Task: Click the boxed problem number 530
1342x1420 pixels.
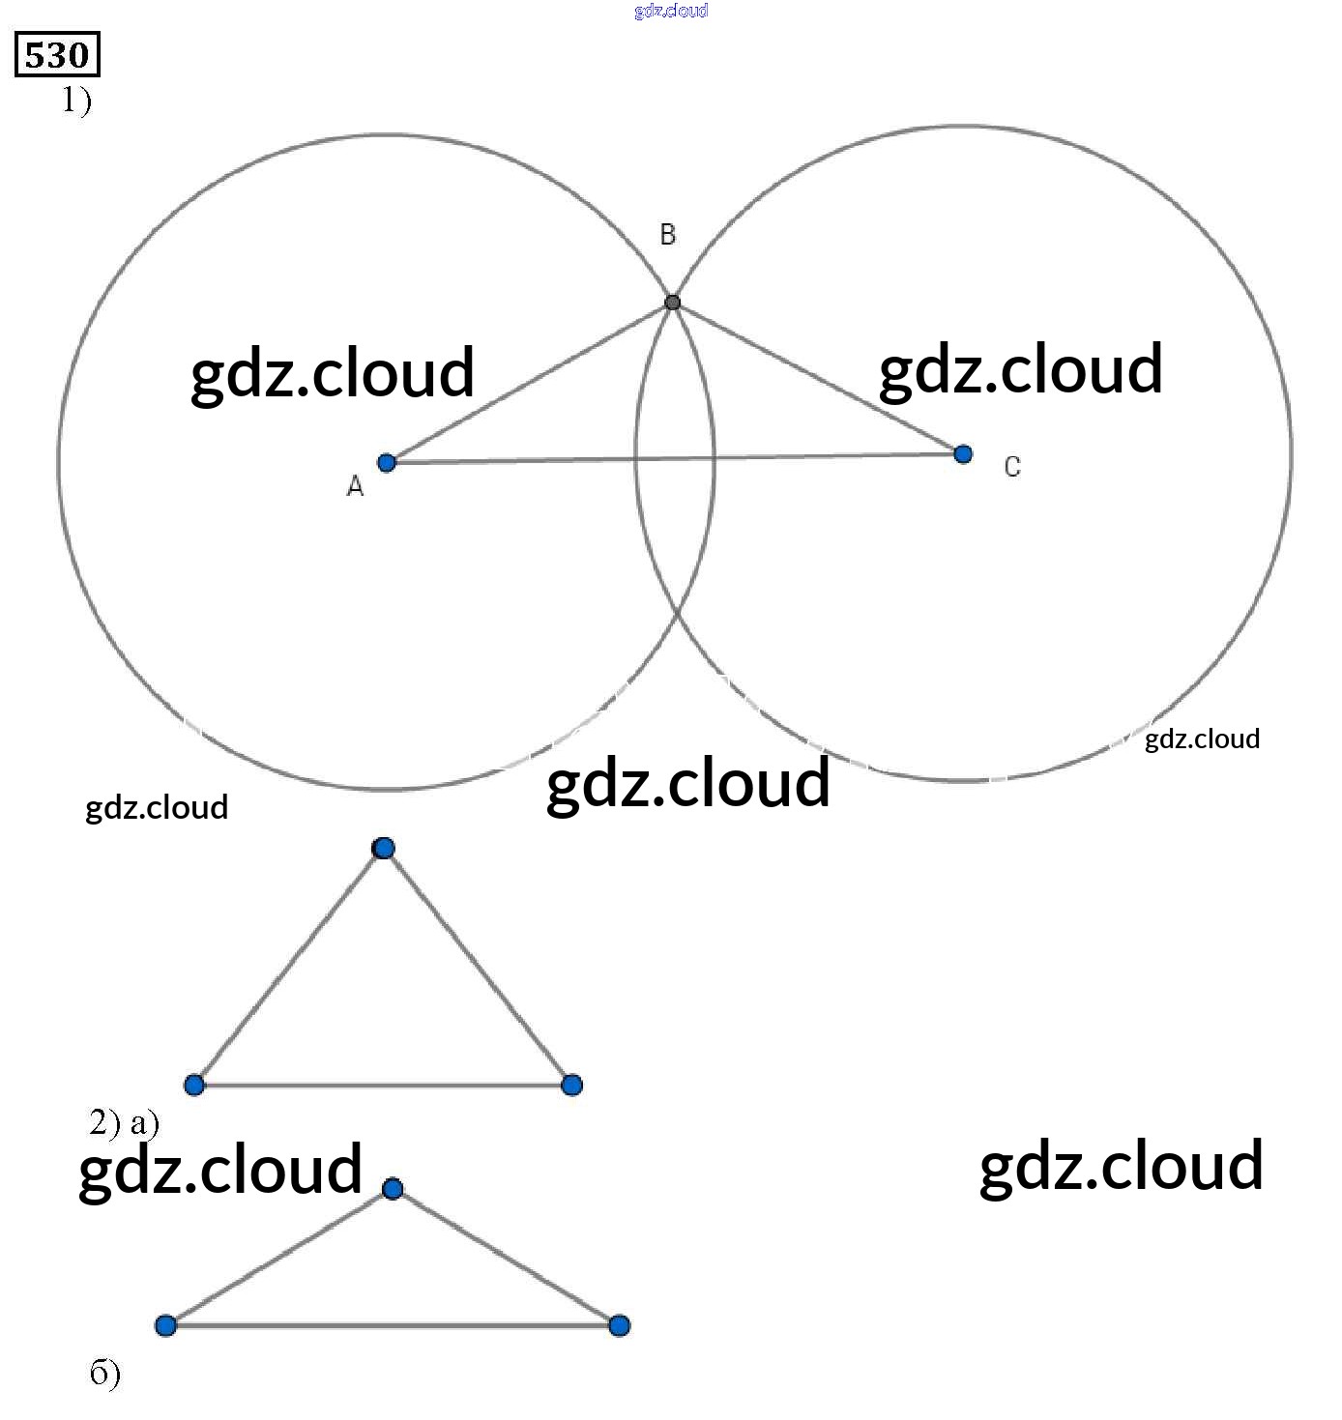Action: (x=57, y=55)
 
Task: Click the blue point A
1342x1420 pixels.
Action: (x=387, y=463)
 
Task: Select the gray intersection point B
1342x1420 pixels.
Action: (x=673, y=303)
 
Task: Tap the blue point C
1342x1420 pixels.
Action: (x=963, y=454)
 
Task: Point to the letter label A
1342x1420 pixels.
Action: (x=355, y=487)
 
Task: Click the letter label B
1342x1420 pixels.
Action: (x=667, y=234)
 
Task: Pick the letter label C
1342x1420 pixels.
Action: (x=1012, y=467)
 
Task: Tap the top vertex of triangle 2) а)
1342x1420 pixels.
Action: (x=384, y=849)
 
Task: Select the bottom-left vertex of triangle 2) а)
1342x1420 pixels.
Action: (x=194, y=1085)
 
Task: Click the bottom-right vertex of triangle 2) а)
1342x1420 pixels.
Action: (x=571, y=1085)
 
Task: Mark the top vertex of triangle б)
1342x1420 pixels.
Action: (x=393, y=1189)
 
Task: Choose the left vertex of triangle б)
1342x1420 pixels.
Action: (x=166, y=1325)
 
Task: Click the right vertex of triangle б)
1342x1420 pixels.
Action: (x=620, y=1325)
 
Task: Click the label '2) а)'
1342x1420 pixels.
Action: (x=124, y=1123)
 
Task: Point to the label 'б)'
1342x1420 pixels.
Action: (x=104, y=1374)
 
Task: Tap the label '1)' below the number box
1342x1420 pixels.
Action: (x=76, y=100)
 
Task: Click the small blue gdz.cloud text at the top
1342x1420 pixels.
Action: (x=671, y=11)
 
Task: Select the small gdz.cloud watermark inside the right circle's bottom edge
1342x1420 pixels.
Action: (x=1202, y=739)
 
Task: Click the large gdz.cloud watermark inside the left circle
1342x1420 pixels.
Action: (x=333, y=373)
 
